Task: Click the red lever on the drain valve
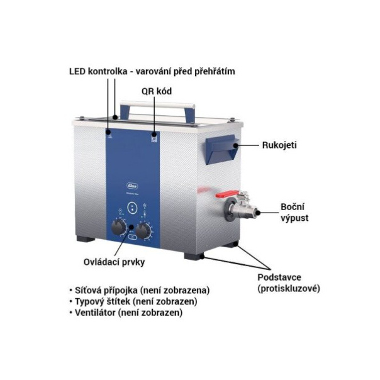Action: [227, 194]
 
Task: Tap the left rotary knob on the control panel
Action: [119, 228]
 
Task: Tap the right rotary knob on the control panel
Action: [143, 230]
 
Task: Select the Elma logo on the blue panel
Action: [132, 186]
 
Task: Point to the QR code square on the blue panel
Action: [154, 139]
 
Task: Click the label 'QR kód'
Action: [157, 91]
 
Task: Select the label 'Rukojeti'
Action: [279, 145]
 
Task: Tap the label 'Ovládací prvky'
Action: [114, 262]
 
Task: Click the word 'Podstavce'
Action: [279, 277]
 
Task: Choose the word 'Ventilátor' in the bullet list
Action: [95, 313]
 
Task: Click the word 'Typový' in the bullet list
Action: [89, 302]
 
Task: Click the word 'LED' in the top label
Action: [77, 72]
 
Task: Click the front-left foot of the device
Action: [86, 238]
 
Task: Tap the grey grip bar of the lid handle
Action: [157, 104]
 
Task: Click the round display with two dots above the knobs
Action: [132, 208]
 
